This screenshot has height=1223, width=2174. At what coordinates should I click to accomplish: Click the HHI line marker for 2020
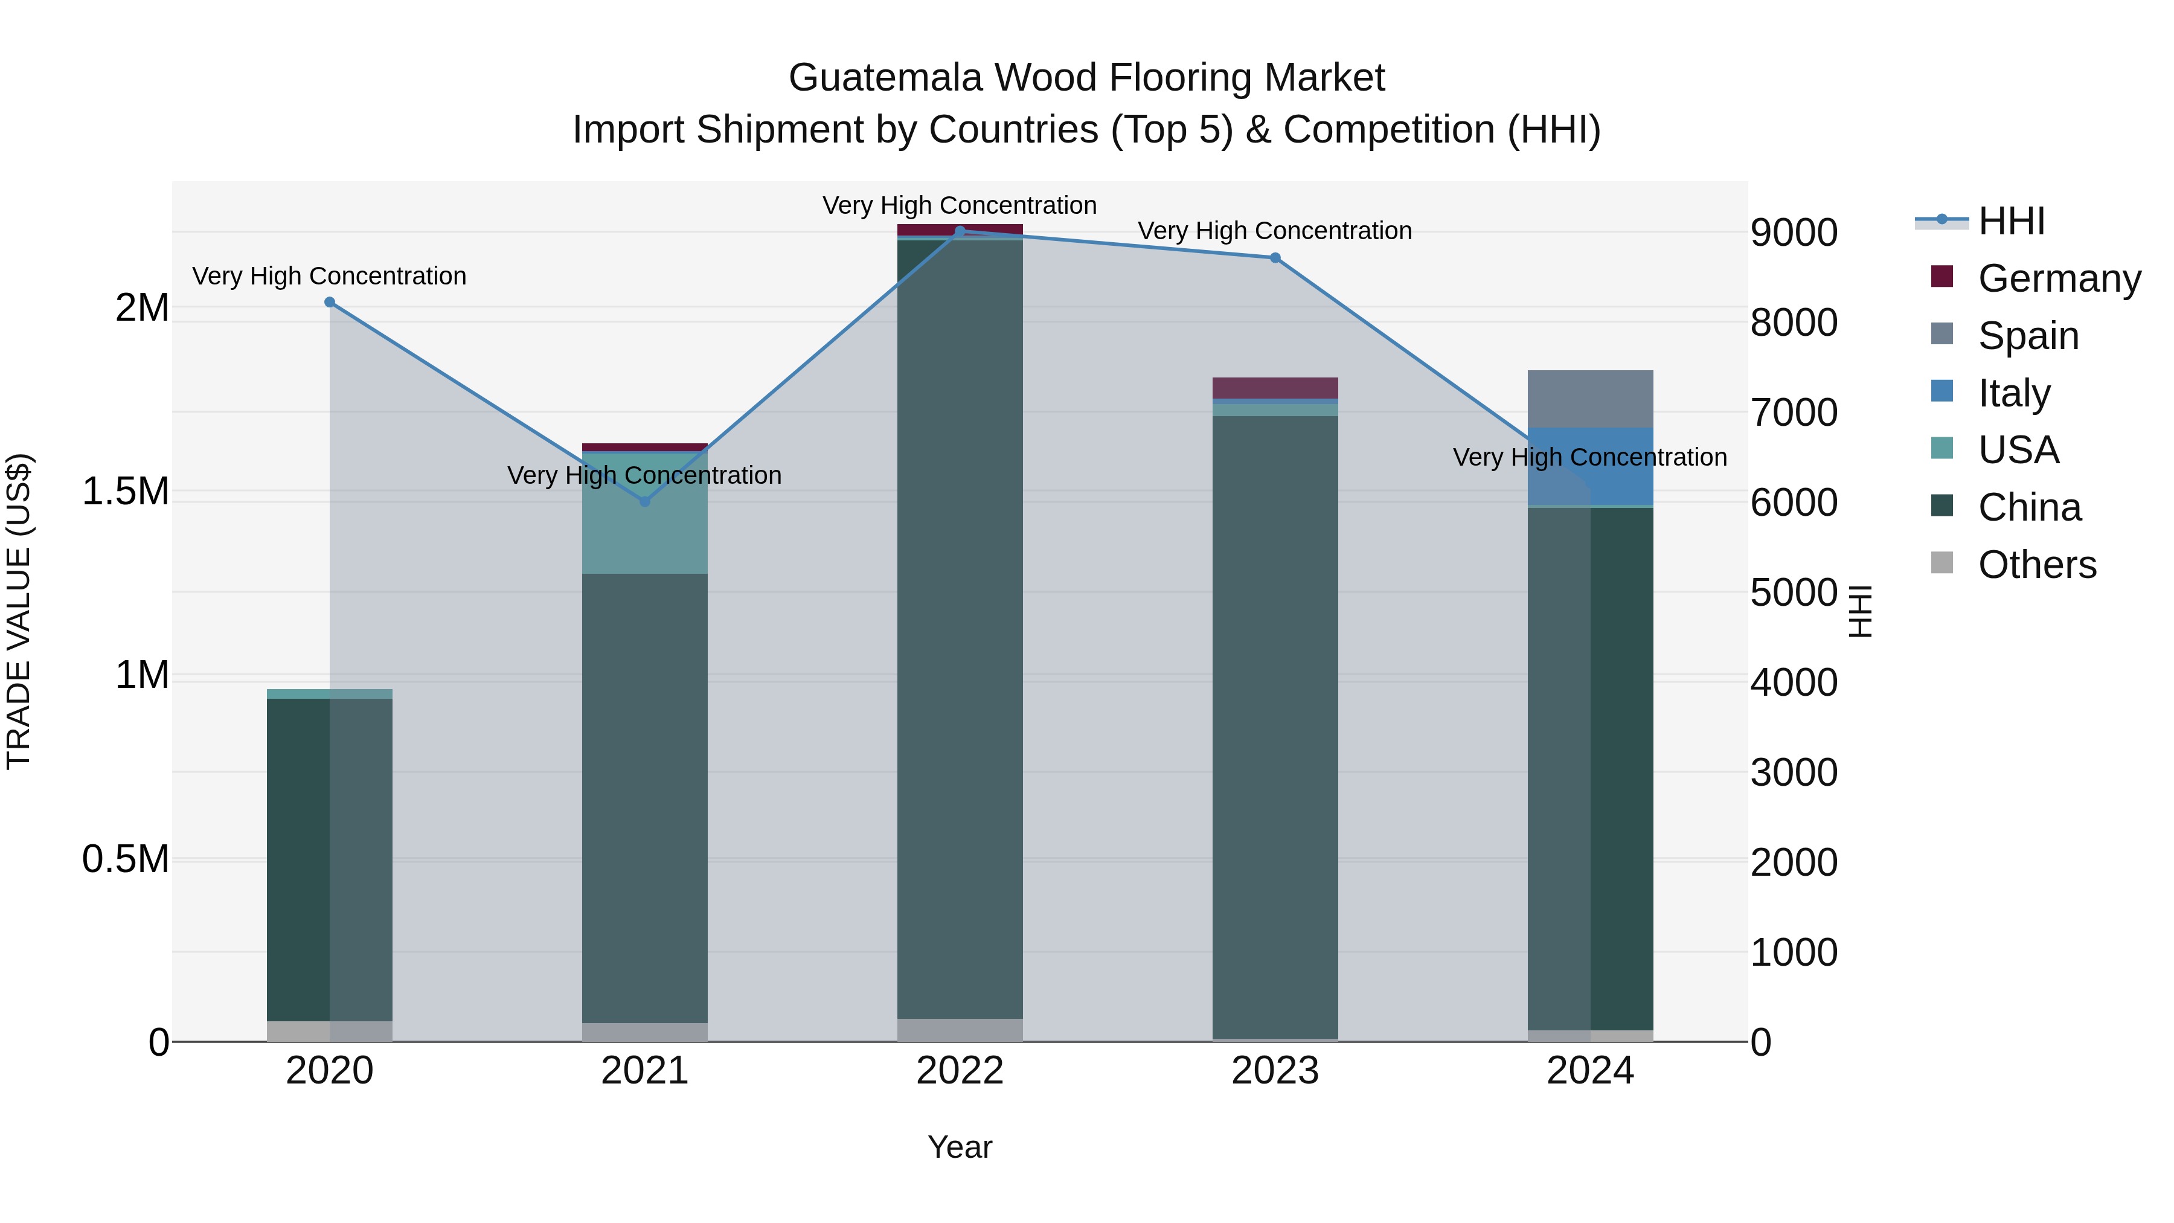click(330, 302)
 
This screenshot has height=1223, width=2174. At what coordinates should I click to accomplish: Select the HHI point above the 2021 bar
click(645, 501)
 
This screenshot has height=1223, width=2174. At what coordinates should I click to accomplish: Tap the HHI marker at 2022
click(960, 231)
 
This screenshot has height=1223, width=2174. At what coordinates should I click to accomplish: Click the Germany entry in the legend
click(2059, 278)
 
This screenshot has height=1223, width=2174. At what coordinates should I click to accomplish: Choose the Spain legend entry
click(2028, 335)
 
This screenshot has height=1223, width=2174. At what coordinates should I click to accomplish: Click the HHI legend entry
click(2011, 221)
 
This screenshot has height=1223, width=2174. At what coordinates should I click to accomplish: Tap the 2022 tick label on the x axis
click(960, 1070)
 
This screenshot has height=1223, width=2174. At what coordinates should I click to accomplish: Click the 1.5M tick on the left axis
click(126, 491)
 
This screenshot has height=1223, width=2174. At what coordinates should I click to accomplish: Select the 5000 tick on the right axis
click(1794, 592)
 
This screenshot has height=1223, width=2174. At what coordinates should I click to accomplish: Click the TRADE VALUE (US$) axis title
click(19, 611)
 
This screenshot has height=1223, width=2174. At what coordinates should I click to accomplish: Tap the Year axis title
click(960, 1147)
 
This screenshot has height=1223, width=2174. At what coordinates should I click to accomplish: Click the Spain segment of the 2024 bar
click(1590, 399)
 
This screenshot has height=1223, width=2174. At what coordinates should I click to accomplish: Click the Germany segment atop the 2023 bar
click(1275, 387)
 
